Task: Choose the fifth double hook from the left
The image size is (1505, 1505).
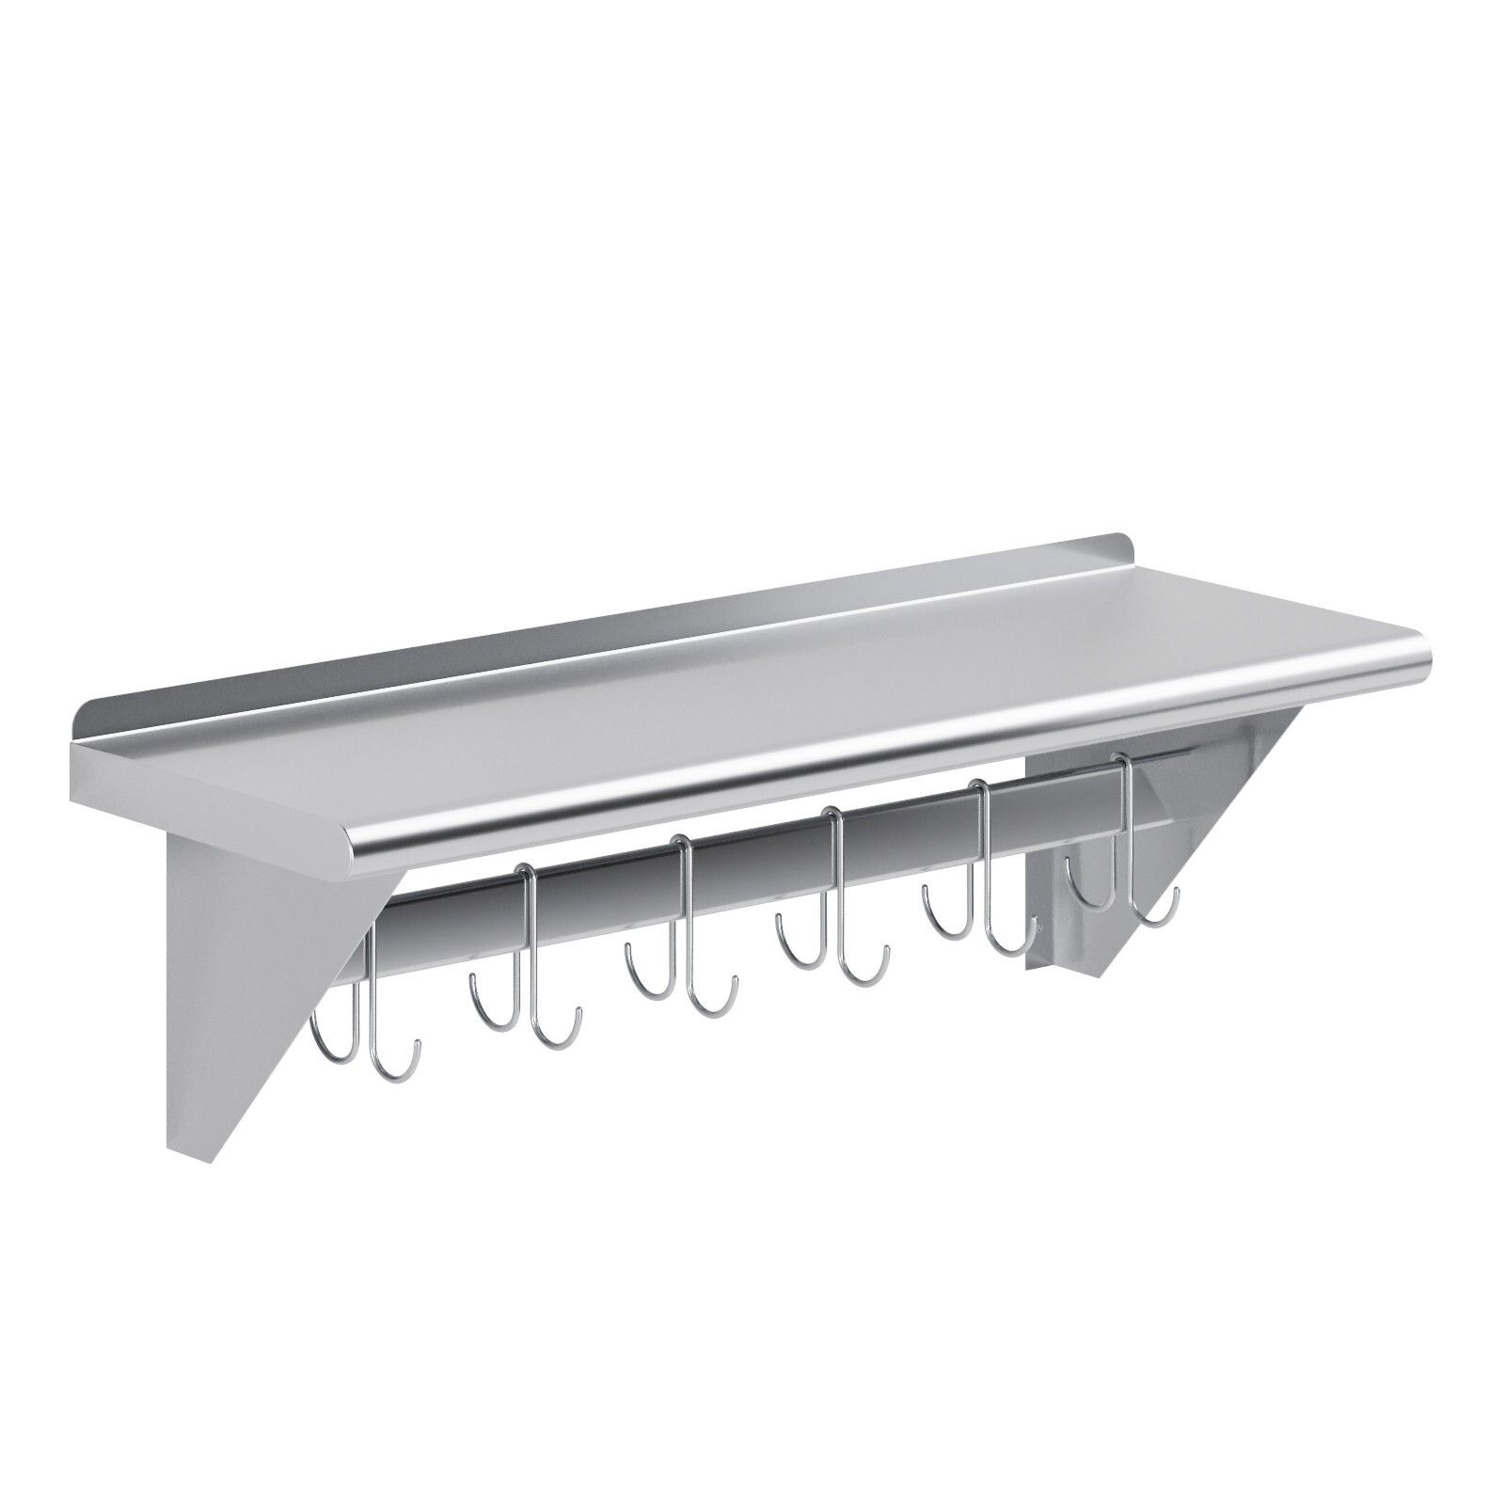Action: (988, 861)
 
